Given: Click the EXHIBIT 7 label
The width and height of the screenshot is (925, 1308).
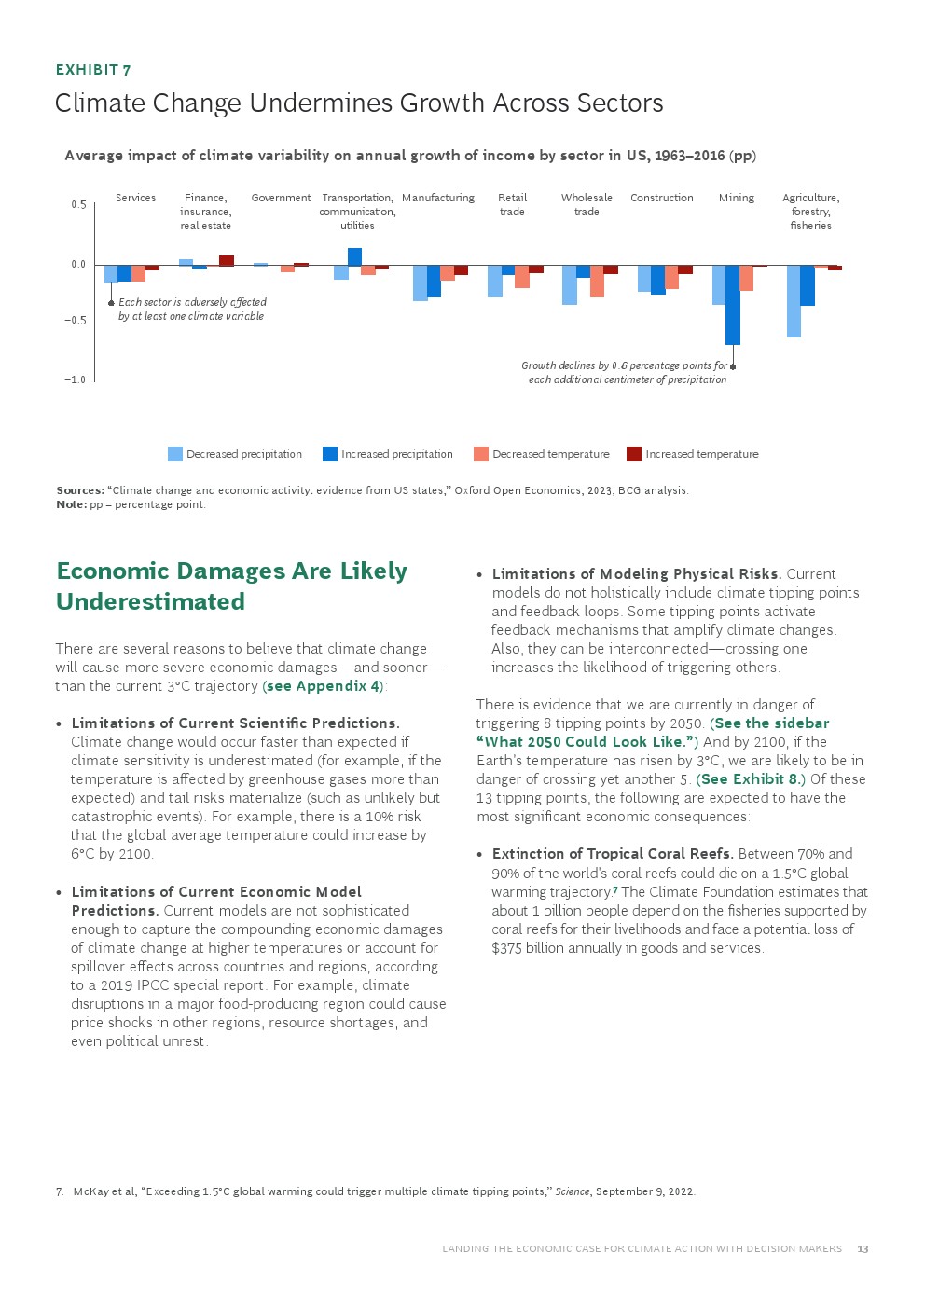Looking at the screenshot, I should (93, 70).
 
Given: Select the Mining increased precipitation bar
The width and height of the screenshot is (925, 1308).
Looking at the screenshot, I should (733, 305).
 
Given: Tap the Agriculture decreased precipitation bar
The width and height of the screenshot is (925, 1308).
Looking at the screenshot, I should (794, 301).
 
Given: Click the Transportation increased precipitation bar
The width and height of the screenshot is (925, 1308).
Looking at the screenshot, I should (354, 256).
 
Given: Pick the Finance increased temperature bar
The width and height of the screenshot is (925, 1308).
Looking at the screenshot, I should (227, 260).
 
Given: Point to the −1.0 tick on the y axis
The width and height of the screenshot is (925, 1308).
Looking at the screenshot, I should (75, 379).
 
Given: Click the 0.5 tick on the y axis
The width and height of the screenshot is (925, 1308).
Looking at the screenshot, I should (78, 205).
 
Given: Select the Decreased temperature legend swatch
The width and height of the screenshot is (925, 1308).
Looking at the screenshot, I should (481, 454).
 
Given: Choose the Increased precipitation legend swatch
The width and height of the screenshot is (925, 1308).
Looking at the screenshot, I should (330, 454).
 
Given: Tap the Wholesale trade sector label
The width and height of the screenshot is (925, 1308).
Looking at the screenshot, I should (587, 204).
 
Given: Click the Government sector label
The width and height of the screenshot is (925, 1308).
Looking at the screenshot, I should (281, 198).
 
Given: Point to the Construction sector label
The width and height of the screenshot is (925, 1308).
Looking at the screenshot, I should (662, 198).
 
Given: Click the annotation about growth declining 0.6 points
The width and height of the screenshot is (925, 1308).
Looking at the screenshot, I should (624, 373).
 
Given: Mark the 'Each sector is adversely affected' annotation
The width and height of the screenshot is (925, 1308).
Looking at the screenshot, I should (192, 309).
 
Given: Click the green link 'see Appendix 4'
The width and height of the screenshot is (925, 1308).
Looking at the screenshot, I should (324, 686).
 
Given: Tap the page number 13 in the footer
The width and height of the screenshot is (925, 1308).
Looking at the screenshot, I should (863, 1249).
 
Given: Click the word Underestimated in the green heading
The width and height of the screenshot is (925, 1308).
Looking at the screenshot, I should (151, 602).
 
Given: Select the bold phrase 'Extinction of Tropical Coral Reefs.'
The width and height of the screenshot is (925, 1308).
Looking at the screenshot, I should (613, 854).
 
